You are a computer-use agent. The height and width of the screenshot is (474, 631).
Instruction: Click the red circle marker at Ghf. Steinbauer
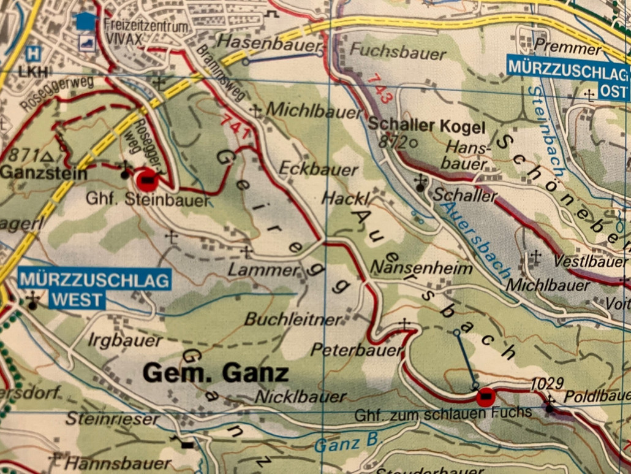click(148, 181)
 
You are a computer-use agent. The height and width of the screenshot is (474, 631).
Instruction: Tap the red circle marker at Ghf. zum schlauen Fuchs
click(486, 398)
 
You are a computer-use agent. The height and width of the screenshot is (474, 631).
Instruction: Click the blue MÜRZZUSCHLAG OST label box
click(568, 78)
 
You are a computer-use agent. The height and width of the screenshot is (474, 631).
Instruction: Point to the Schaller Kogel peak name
click(426, 127)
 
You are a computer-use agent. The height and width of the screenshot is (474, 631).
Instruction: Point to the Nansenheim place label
click(422, 268)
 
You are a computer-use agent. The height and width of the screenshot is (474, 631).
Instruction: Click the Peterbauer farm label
click(357, 350)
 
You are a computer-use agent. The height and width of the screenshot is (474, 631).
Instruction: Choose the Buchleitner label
click(293, 319)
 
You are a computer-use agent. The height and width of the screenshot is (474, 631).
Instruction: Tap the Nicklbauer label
click(300, 397)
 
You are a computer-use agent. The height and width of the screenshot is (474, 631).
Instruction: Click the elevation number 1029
click(546, 383)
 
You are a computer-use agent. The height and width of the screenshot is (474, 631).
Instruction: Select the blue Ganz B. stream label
click(347, 442)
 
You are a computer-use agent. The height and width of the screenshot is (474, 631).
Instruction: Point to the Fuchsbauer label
click(398, 53)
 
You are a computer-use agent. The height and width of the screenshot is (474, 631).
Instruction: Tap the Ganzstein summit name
click(43, 174)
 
